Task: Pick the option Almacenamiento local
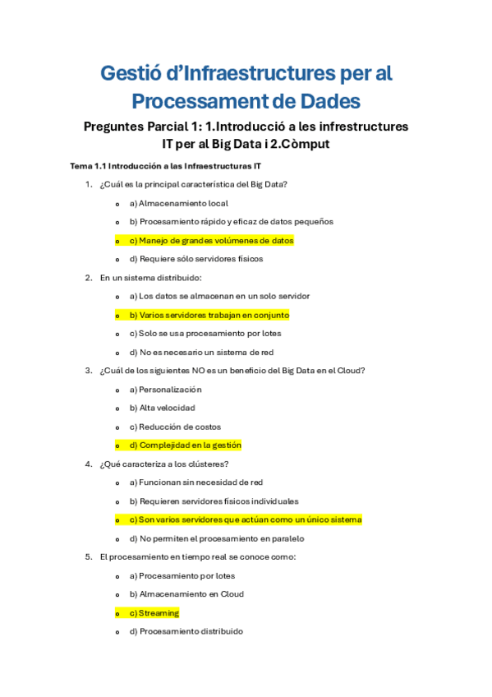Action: coord(178,203)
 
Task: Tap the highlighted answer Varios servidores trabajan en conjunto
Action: coord(209,315)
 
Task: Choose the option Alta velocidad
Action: coord(162,408)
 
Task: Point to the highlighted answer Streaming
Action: coord(154,613)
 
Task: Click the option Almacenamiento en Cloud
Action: coord(186,594)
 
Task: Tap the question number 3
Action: coord(89,371)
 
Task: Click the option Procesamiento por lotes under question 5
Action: coord(182,575)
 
